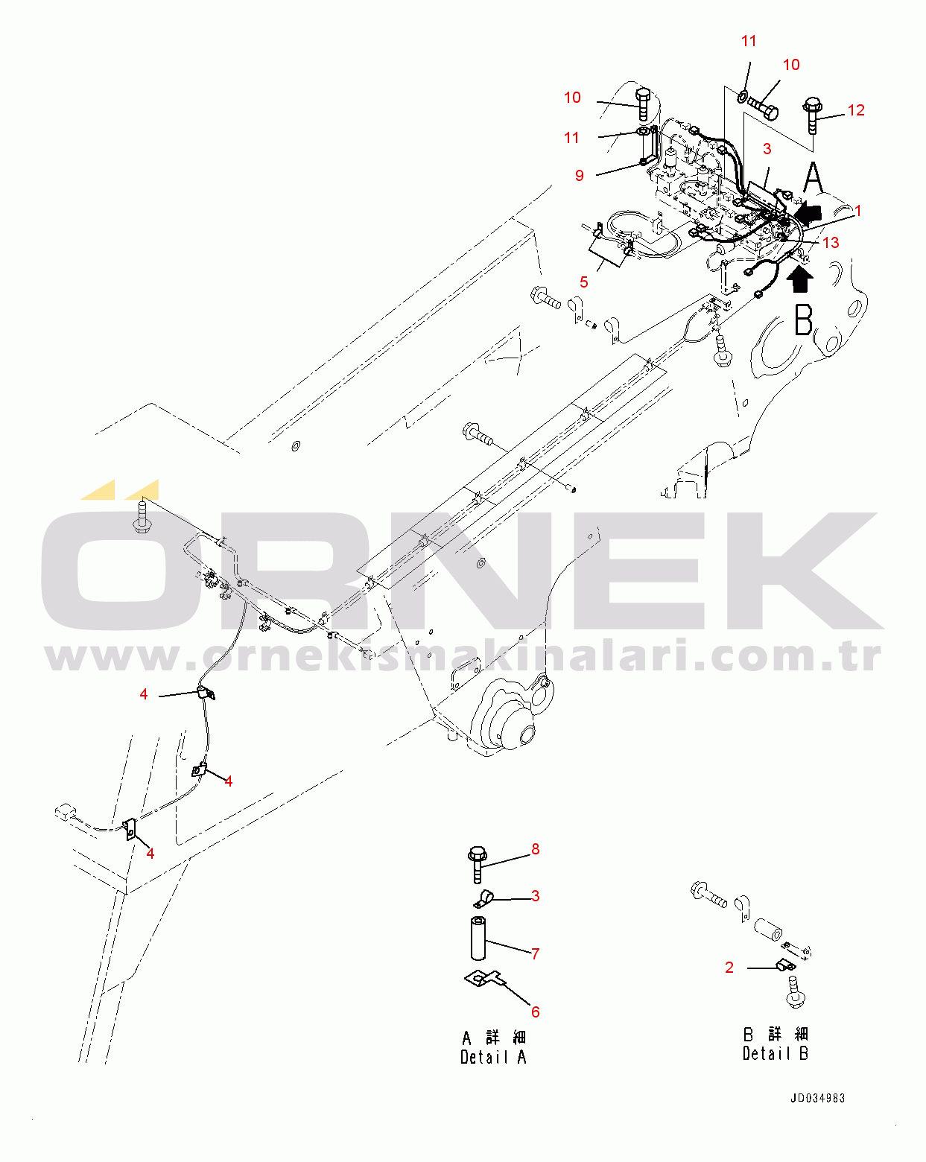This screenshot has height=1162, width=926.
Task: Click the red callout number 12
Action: click(x=856, y=110)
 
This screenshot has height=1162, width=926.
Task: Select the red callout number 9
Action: click(x=579, y=176)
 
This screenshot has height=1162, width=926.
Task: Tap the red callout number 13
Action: click(x=831, y=242)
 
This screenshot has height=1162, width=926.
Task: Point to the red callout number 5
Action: click(x=583, y=282)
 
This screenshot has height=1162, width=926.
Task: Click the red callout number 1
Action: click(x=858, y=211)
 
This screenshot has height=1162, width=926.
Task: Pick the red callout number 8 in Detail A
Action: click(x=536, y=849)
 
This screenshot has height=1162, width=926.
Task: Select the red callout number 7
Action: click(x=536, y=953)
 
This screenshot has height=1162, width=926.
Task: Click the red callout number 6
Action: click(x=536, y=1012)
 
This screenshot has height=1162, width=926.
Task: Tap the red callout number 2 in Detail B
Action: click(x=729, y=968)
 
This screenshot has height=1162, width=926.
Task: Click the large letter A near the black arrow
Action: click(x=813, y=177)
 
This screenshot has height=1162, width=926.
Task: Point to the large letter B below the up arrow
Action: click(x=804, y=320)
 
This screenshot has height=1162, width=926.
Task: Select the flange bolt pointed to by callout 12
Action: click(x=812, y=115)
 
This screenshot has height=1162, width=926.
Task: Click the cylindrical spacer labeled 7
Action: click(x=478, y=938)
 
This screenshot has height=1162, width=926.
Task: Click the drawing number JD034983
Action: click(x=817, y=1098)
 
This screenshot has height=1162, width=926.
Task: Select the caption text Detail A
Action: click(x=493, y=1057)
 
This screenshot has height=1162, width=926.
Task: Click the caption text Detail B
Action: click(x=776, y=1053)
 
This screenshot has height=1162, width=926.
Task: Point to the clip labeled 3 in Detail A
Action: click(x=483, y=899)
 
